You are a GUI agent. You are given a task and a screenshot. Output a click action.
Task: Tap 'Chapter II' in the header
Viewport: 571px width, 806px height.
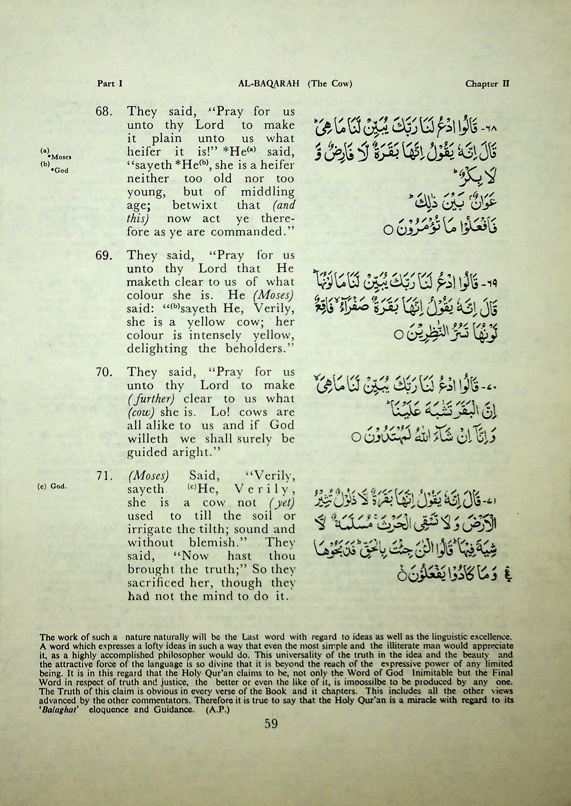point(487,84)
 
